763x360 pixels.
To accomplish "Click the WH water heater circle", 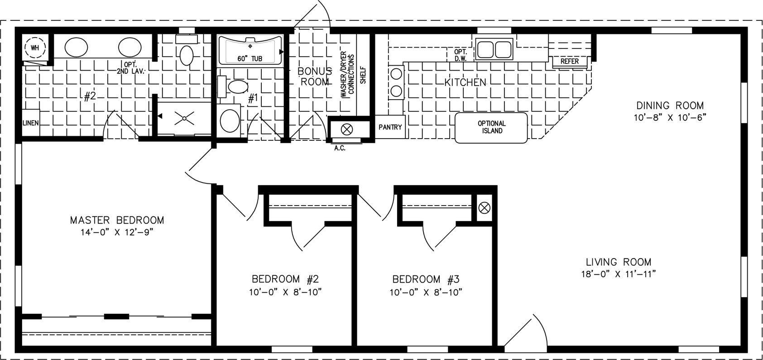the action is (35, 48).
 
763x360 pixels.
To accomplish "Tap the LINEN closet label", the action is (31, 123).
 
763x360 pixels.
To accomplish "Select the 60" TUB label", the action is (250, 58).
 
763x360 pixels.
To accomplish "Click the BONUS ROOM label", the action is (314, 76).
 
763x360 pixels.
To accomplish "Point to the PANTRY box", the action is (390, 127).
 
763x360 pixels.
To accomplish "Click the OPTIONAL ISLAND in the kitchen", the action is (491, 128).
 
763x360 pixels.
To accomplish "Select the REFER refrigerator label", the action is (570, 61).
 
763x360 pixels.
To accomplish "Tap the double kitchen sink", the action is (494, 49).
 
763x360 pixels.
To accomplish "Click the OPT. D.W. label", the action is (460, 55).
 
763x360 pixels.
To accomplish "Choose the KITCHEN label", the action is (465, 82).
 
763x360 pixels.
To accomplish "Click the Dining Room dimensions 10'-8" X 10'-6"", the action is (670, 117).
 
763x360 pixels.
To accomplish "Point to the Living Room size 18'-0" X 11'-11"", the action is (619, 274).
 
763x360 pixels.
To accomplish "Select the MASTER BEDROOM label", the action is (117, 220).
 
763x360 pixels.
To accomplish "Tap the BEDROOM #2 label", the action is (285, 279).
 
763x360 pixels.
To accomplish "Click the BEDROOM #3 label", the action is (426, 279).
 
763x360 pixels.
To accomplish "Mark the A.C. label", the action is (340, 149).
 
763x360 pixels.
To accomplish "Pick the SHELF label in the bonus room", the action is (363, 75).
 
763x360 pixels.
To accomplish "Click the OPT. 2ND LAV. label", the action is (131, 67).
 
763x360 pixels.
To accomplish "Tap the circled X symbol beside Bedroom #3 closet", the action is (485, 207).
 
